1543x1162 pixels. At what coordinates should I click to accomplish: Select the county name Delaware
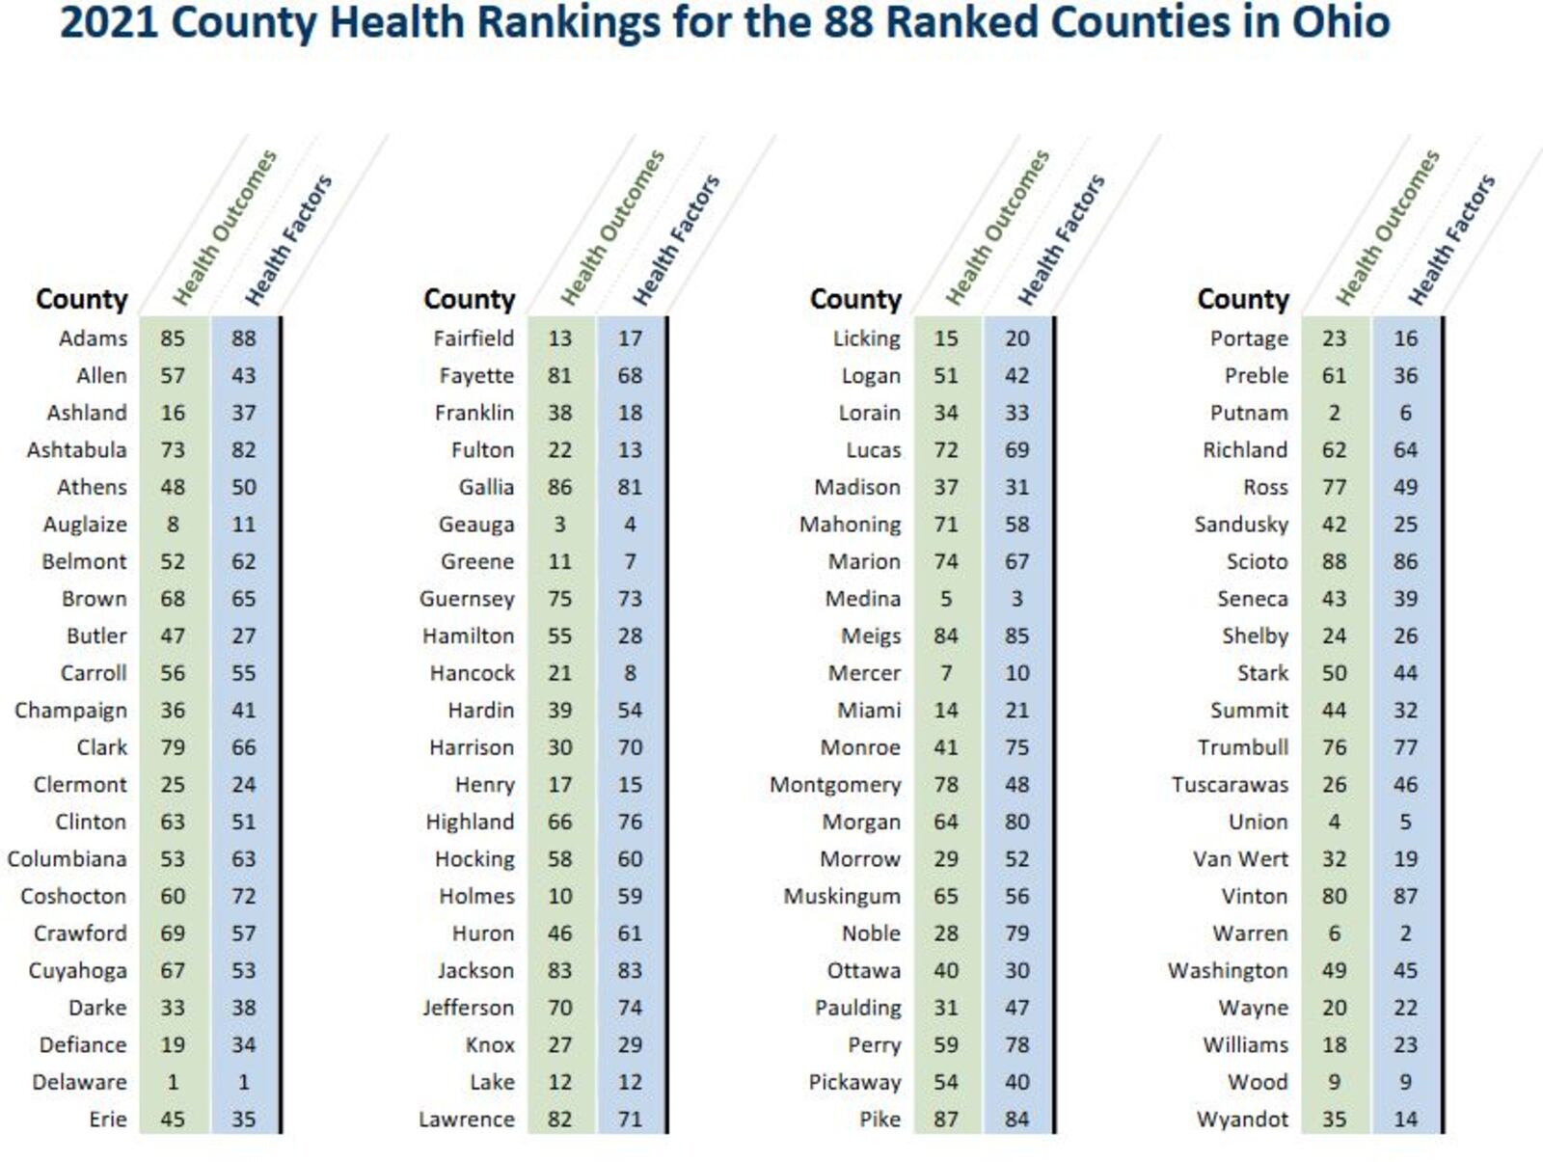coord(79,1082)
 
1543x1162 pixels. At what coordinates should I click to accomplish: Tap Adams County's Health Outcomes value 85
coord(173,338)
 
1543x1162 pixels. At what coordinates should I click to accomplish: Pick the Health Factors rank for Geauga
coord(630,525)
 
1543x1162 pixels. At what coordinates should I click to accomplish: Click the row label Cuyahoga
coord(77,970)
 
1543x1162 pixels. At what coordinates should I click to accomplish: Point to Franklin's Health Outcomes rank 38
coord(559,413)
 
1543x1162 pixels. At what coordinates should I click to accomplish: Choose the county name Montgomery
coord(835,785)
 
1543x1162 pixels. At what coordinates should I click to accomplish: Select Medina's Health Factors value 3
coord(1016,599)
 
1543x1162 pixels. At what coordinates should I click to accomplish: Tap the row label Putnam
coord(1249,413)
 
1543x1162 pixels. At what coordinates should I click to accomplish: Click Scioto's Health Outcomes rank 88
coord(1334,561)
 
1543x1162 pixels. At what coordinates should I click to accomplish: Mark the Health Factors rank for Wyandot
coord(1405,1120)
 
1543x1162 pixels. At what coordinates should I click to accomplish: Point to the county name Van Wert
coord(1240,859)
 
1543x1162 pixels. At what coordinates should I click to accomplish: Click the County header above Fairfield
coord(470,299)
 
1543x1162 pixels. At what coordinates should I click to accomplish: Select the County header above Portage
coord(1243,299)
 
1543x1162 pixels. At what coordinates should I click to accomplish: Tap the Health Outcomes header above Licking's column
coord(997,228)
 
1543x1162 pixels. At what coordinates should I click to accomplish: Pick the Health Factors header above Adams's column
coord(287,239)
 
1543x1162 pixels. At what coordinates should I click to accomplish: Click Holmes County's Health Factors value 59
coord(630,896)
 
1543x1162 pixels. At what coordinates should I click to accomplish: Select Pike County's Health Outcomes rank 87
coord(946,1120)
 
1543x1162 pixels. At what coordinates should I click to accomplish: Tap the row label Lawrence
coord(467,1120)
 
